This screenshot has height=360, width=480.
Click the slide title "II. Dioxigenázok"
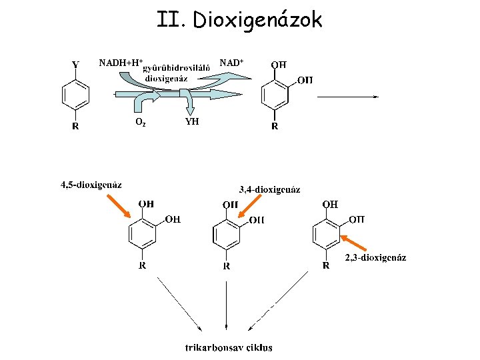239,20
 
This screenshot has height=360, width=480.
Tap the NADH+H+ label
121,63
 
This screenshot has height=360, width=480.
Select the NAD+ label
231,62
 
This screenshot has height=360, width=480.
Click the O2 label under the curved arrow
140,123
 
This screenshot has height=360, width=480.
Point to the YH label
191,122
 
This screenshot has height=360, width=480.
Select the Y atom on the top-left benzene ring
75,65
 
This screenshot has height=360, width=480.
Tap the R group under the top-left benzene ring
75,126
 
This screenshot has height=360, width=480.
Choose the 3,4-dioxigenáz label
269,189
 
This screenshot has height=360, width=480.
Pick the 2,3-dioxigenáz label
375,257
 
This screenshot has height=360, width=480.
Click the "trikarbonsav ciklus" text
229,347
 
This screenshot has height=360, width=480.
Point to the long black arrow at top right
347,96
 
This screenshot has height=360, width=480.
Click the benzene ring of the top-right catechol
275,95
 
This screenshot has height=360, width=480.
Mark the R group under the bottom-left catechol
143,265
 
